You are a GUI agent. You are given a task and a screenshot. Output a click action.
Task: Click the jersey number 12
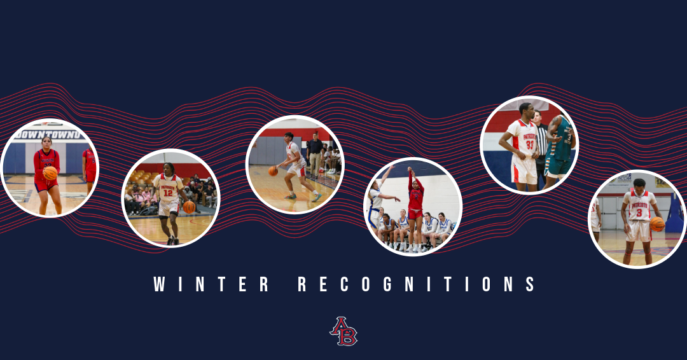168,193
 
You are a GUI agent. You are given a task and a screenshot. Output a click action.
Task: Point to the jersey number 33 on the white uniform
529,145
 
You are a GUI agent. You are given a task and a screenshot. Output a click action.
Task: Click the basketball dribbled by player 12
189,207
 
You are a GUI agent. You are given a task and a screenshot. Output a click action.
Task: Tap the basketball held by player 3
656,224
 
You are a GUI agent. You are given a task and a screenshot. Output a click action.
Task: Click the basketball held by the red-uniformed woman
50,173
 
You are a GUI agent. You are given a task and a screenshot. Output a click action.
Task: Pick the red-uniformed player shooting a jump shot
415,200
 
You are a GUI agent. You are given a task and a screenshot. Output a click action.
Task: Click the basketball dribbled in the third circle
273,170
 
